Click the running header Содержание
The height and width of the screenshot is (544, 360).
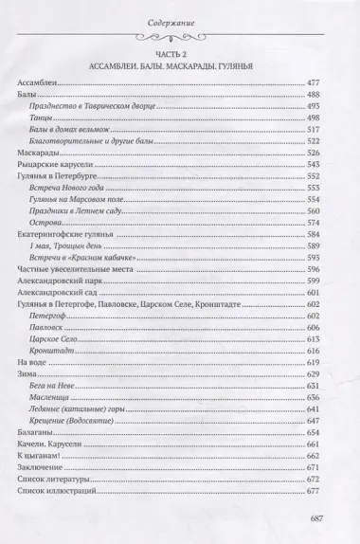pyautogui.click(x=179, y=23)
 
